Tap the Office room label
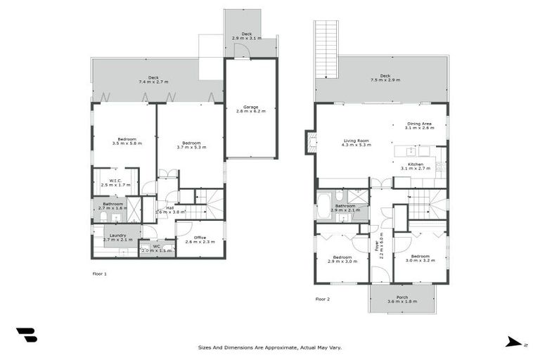(x=195, y=239)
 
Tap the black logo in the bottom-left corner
(x=26, y=335)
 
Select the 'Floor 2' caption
(x=322, y=299)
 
